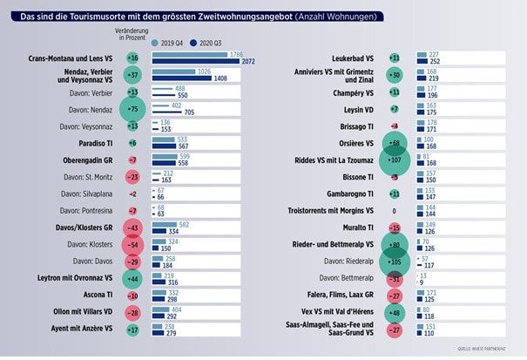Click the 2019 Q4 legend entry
[x=172, y=41]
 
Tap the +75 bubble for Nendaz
[x=132, y=109]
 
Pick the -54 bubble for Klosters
[x=132, y=244]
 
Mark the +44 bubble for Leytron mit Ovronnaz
[x=132, y=278]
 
